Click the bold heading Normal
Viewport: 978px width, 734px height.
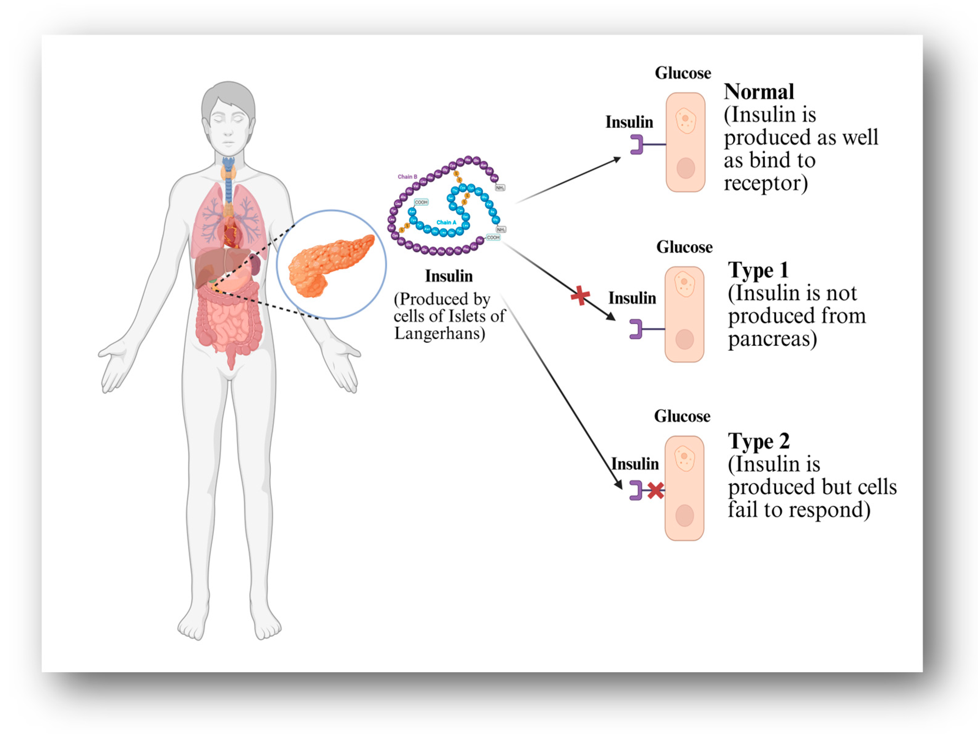coord(759,92)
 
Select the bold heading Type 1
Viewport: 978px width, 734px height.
coord(758,270)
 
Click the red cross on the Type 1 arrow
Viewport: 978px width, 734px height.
coord(580,295)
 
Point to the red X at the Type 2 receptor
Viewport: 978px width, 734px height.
coord(655,491)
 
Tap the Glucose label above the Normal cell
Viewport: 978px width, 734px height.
coord(683,73)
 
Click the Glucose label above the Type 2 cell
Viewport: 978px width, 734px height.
coord(682,416)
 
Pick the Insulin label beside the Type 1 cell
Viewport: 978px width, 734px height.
coord(632,298)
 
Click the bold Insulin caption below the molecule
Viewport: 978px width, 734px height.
coord(449,276)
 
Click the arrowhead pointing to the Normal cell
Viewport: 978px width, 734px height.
coord(617,159)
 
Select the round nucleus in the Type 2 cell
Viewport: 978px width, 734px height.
coord(684,515)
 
